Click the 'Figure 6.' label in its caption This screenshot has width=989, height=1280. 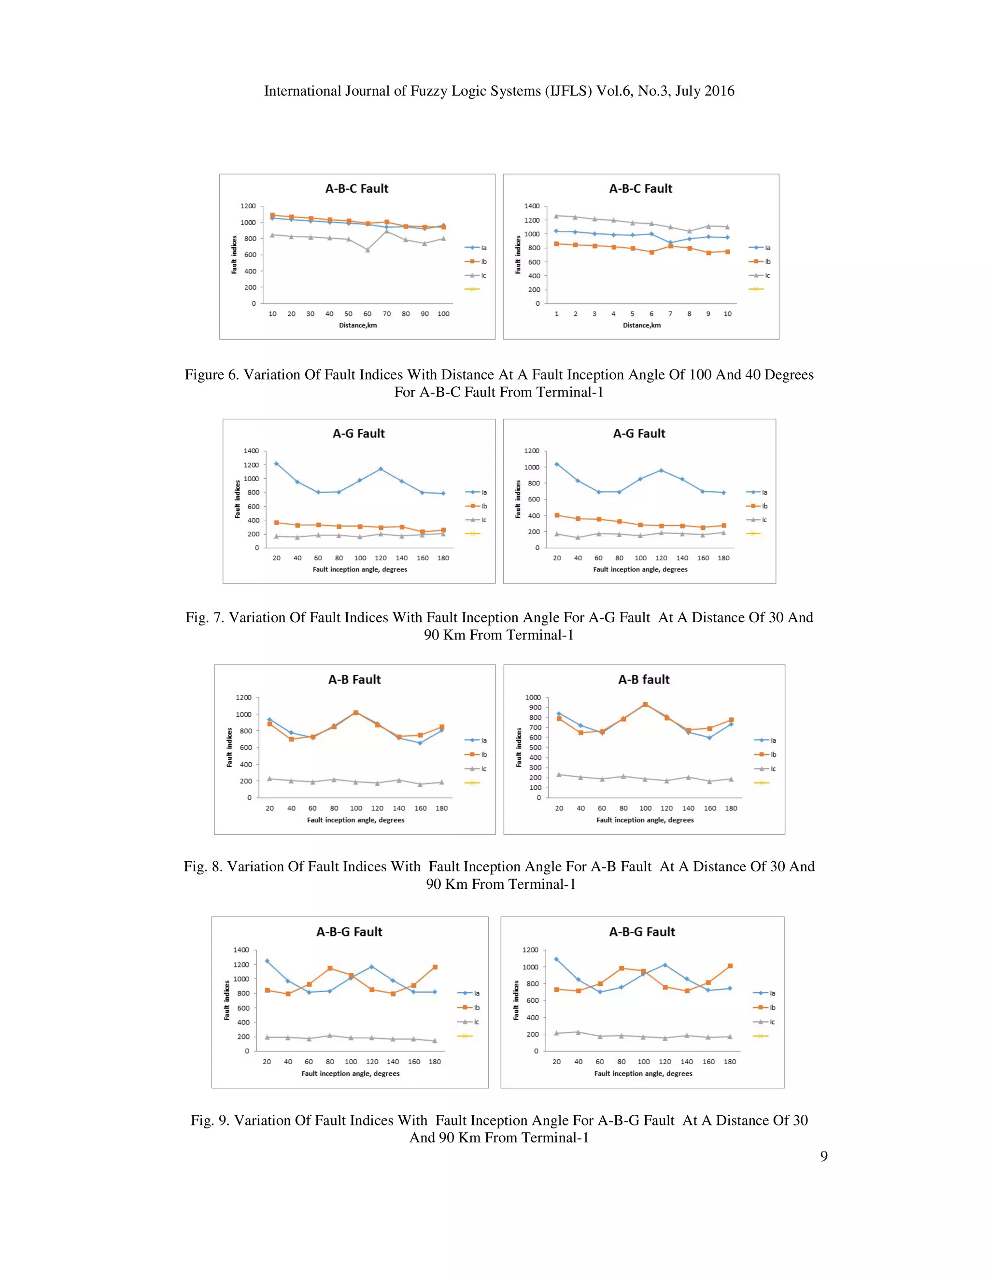[212, 374]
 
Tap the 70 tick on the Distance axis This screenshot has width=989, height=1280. [387, 314]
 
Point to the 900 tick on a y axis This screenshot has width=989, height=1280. [533, 708]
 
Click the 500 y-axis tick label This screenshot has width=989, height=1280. [533, 748]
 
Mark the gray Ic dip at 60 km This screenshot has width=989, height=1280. [367, 250]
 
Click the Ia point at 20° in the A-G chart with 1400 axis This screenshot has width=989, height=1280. [276, 464]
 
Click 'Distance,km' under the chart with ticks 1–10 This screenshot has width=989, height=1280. [642, 325]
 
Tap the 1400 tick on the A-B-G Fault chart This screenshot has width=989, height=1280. [241, 950]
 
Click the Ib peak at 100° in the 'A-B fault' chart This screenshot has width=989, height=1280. [645, 704]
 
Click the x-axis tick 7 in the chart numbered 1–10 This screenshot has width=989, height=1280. [670, 314]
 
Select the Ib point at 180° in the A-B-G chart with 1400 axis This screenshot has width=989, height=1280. [435, 967]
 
